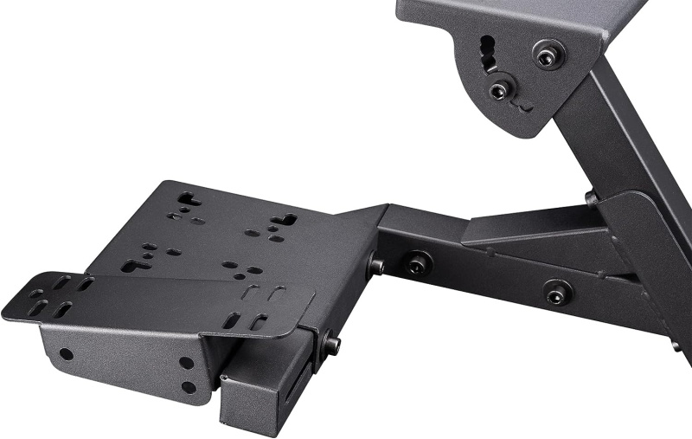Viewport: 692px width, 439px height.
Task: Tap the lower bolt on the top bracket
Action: click(x=500, y=90)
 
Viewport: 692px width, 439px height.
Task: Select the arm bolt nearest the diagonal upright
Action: click(x=558, y=291)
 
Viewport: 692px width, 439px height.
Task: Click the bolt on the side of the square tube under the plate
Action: click(x=330, y=344)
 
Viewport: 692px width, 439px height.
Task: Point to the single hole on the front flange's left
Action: click(x=66, y=353)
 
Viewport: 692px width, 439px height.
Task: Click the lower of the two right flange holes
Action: click(x=188, y=387)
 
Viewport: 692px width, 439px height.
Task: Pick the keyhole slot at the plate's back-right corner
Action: click(x=283, y=221)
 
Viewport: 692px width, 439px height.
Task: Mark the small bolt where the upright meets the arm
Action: click(x=592, y=198)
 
